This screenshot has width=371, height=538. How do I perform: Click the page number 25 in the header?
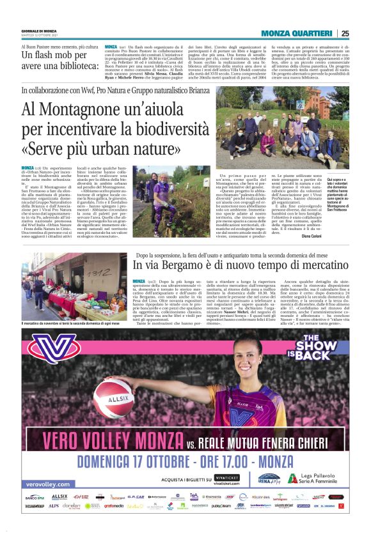point(345,34)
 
